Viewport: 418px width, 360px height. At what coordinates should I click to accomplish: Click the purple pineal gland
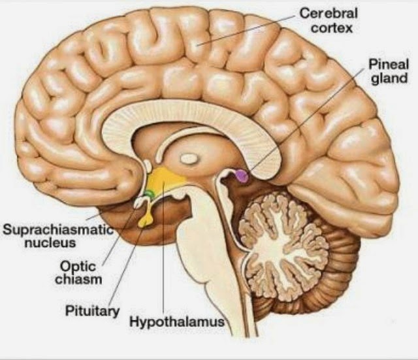pyautogui.click(x=242, y=175)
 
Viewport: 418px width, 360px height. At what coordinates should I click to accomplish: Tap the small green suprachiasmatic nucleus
pyautogui.click(x=150, y=194)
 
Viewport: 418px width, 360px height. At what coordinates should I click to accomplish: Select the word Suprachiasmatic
pyautogui.click(x=57, y=230)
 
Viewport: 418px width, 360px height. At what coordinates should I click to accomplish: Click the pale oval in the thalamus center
pyautogui.click(x=189, y=157)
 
